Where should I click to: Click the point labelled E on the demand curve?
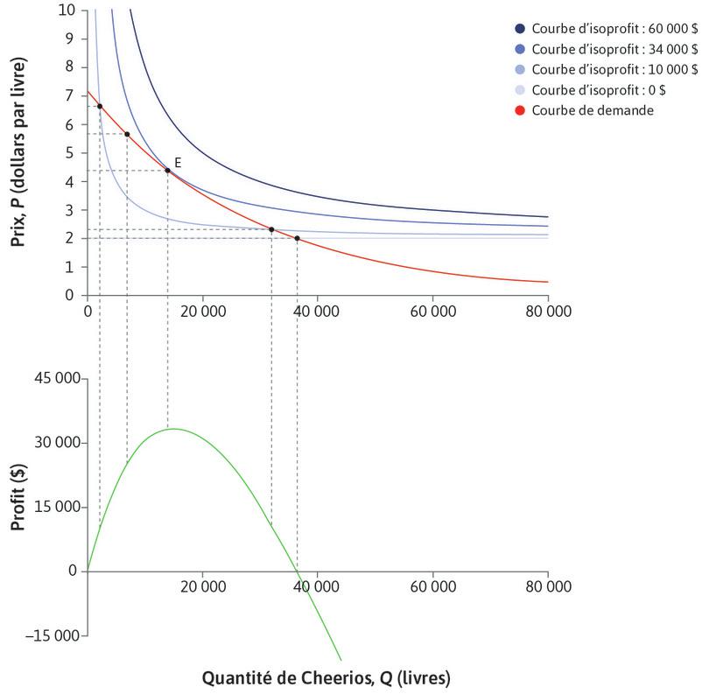167,170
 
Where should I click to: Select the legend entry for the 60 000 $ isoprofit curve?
613,28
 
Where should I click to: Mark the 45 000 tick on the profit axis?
57,379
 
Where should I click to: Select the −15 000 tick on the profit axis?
53,636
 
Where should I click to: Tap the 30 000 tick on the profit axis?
57,443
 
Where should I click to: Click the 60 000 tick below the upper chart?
432,311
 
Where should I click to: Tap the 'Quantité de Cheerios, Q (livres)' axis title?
318,677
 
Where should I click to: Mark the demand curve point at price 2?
297,238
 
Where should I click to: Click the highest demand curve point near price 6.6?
100,106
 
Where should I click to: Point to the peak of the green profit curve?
173,429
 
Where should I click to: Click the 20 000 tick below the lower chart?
202,588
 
